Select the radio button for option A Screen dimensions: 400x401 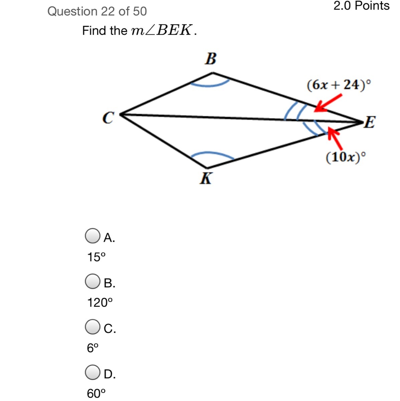click(92, 236)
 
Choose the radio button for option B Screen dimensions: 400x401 click(92, 281)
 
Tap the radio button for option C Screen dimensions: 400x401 click(92, 327)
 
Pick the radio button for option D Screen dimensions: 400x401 click(92, 372)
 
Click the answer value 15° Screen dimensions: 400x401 click(96, 257)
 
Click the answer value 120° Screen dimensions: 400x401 click(100, 302)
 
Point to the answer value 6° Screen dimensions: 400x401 click(92, 348)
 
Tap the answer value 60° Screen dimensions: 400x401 click(96, 394)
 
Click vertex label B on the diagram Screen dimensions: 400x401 click(211, 59)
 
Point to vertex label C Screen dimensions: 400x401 click(109, 118)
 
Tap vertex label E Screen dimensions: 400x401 click(370, 122)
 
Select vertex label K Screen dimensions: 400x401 click(206, 178)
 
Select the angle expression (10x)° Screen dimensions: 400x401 click(346, 157)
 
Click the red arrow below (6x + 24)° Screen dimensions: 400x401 click(328, 103)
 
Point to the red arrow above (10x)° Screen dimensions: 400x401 click(335, 138)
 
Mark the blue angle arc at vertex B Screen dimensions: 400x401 click(210, 86)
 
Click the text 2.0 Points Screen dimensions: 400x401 click(362, 5)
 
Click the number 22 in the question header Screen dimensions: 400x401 click(109, 11)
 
